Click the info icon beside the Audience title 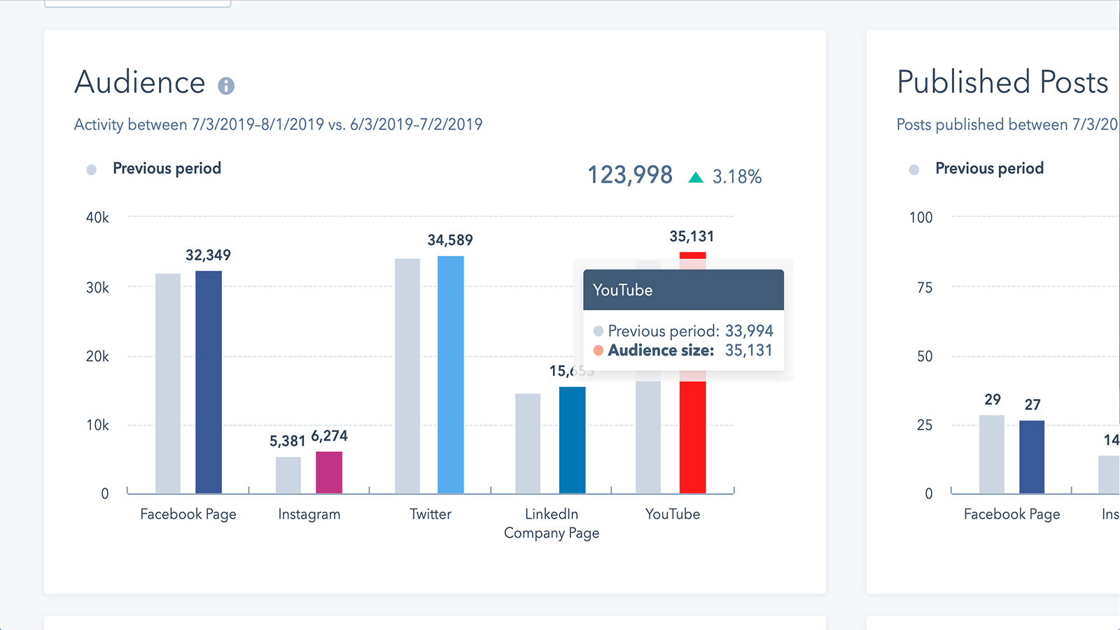(x=225, y=86)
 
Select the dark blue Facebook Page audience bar (x=209, y=381)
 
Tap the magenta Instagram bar (x=329, y=472)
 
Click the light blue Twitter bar (x=450, y=374)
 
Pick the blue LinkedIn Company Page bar (x=572, y=440)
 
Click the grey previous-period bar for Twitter (x=407, y=376)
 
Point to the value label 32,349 (x=208, y=255)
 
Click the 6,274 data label (x=329, y=436)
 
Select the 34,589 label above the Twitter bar (x=450, y=240)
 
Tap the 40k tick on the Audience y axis (x=97, y=218)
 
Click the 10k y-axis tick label (x=97, y=425)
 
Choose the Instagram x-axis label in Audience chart (x=309, y=514)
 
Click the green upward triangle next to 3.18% (x=695, y=178)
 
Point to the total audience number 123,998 (x=629, y=175)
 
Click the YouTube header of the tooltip (x=622, y=290)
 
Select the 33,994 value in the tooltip (x=749, y=331)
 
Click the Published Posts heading (x=1002, y=83)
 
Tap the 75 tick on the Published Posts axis (x=925, y=288)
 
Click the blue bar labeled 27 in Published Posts (x=1032, y=456)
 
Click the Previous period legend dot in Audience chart (x=91, y=169)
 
